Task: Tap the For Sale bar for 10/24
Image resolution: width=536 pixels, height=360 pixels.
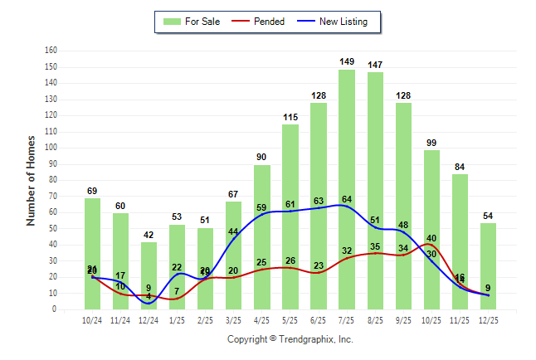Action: pos(92,253)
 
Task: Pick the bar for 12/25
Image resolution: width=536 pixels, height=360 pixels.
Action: pos(488,265)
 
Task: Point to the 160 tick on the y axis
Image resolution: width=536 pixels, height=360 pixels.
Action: pos(51,51)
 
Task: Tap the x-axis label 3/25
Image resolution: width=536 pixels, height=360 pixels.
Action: pos(233,319)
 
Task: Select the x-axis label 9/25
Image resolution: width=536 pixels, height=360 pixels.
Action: pos(403,319)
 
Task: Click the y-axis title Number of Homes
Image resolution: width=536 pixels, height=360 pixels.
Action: pos(32,180)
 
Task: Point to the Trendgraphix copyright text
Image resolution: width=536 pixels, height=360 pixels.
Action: pos(290,339)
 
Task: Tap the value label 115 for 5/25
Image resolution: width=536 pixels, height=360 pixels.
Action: pos(290,117)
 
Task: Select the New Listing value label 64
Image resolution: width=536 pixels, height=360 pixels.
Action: pos(347,199)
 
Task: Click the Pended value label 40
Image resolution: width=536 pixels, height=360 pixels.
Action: pos(431,238)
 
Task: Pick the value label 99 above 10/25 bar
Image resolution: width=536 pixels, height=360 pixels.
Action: pos(431,143)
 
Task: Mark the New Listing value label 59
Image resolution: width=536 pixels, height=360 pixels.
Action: pos(261,207)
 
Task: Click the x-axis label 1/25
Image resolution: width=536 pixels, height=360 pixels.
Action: pos(177,319)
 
